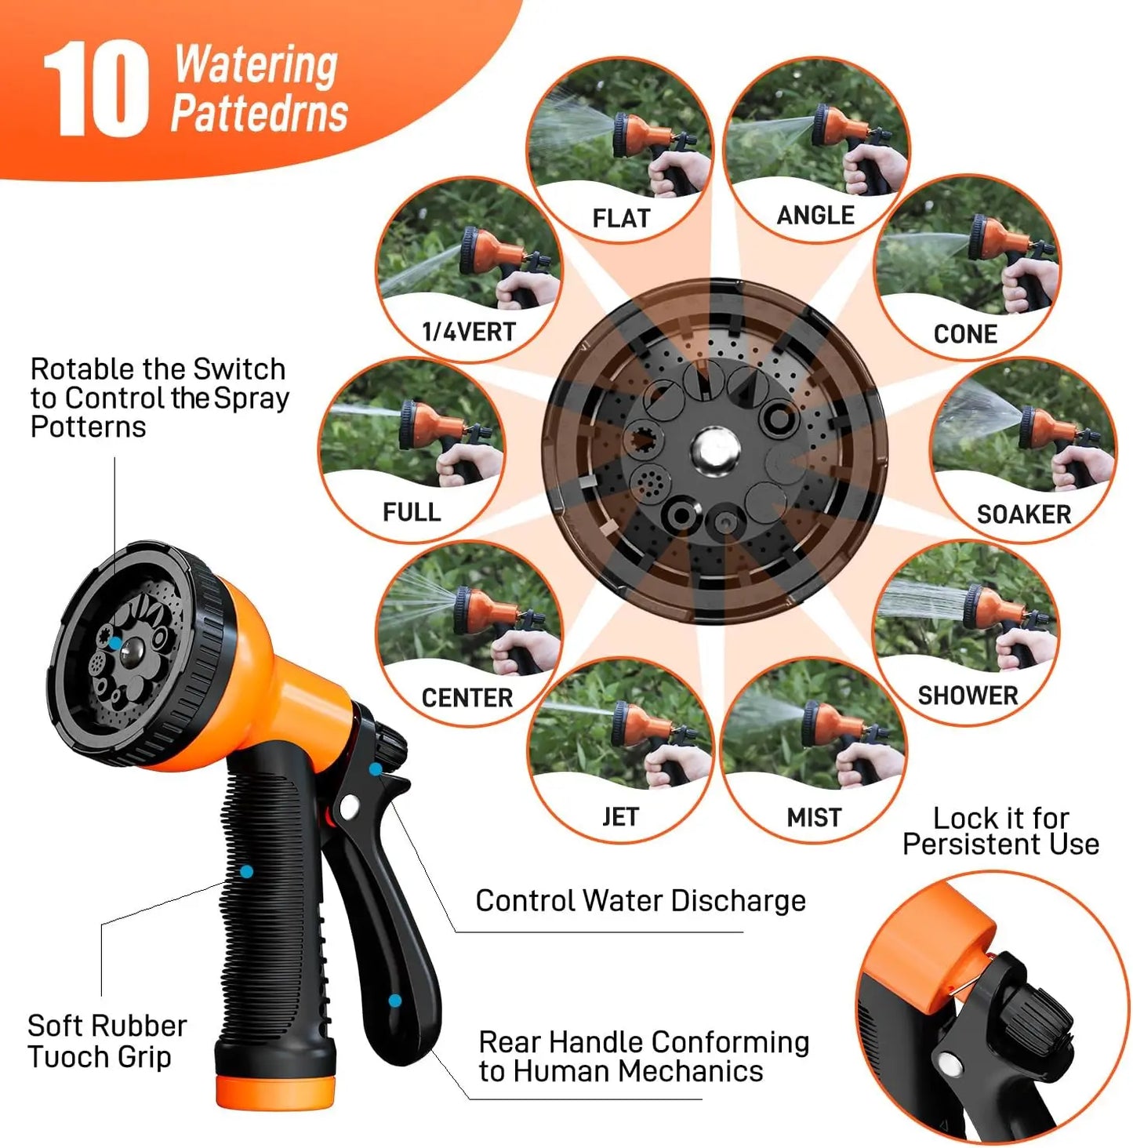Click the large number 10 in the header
(96, 90)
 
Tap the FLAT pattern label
(621, 218)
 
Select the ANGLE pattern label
(815, 215)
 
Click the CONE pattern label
(965, 334)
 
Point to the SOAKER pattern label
(1023, 514)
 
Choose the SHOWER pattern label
(968, 696)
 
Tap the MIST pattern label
(814, 818)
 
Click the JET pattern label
(620, 817)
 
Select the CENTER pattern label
(467, 697)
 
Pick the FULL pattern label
(412, 512)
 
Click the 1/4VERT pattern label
(469, 332)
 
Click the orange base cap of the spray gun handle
(275, 1092)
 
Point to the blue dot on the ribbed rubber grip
(247, 871)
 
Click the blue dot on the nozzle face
(115, 643)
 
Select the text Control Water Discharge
(641, 901)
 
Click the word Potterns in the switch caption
(89, 427)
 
